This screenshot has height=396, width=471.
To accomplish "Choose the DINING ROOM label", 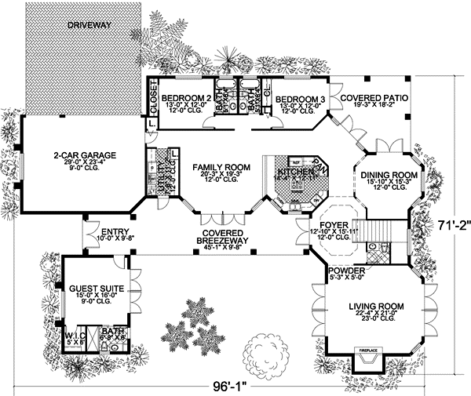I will tap(383, 176).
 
